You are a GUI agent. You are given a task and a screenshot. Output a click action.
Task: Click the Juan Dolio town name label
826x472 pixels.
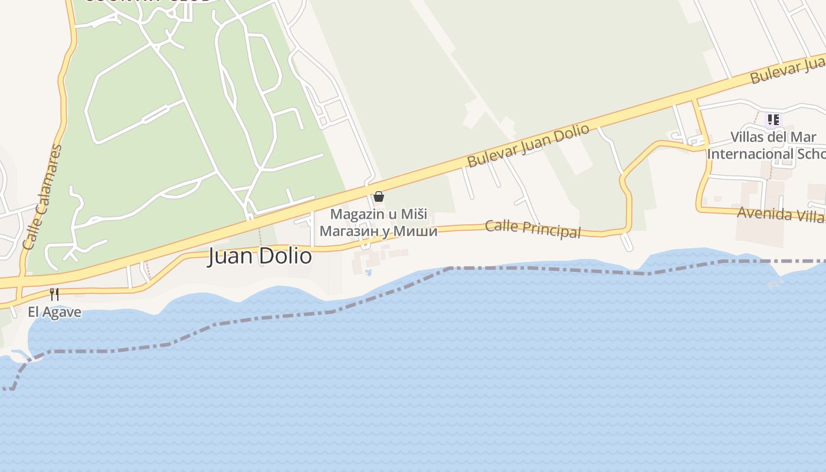(260, 257)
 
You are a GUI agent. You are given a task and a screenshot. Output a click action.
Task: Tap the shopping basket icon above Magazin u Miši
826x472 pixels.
(379, 196)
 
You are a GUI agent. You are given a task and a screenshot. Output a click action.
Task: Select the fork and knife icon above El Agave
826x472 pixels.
(54, 294)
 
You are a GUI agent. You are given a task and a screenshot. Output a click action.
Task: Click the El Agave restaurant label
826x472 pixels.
(54, 312)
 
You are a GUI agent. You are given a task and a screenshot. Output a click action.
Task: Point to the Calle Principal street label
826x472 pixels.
(533, 228)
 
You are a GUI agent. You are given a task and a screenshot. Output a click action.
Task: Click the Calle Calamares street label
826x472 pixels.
(42, 197)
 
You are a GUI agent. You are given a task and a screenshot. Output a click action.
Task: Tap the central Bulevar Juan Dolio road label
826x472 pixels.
(527, 145)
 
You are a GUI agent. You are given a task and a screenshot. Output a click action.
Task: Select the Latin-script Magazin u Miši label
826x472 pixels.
(378, 214)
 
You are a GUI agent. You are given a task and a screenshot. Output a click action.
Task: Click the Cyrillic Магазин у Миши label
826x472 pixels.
(378, 231)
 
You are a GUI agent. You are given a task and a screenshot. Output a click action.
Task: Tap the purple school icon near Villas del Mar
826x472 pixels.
(773, 120)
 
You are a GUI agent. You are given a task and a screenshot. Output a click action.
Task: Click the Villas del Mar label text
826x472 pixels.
(773, 137)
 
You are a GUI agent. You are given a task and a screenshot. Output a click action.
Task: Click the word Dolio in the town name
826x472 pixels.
(289, 257)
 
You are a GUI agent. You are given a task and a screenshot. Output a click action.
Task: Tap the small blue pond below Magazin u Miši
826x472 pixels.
(369, 273)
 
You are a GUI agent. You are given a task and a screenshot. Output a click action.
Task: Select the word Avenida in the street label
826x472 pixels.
(761, 212)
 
